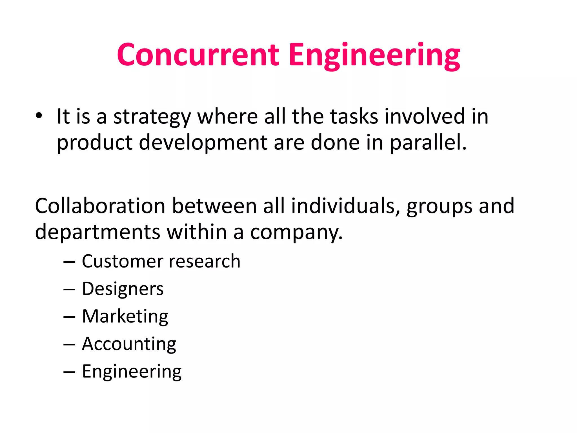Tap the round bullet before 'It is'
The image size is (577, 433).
tap(39, 116)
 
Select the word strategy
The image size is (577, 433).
tap(152, 117)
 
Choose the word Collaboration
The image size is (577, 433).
tap(100, 206)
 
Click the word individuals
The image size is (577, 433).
tap(345, 206)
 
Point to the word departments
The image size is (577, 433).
tap(97, 232)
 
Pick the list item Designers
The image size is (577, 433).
tap(123, 289)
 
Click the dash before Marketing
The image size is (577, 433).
tap(69, 317)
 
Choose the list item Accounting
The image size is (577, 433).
tap(129, 344)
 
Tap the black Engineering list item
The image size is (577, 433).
tap(132, 372)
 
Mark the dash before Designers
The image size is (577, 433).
tap(69, 290)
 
